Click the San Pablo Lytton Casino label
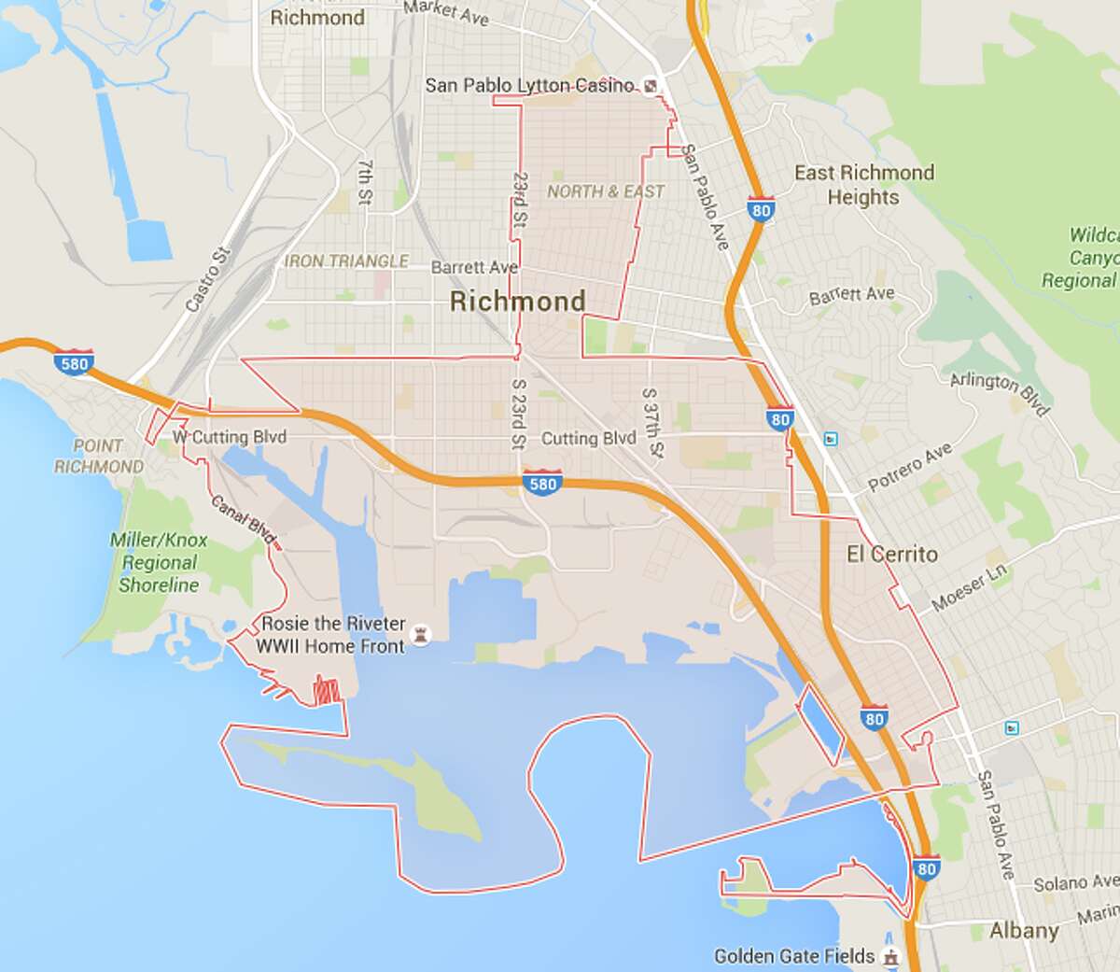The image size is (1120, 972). pyautogui.click(x=529, y=85)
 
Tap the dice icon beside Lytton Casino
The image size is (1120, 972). pyautogui.click(x=651, y=86)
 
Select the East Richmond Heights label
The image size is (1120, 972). pyautogui.click(x=863, y=185)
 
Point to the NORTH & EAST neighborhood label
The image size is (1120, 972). pyautogui.click(x=606, y=191)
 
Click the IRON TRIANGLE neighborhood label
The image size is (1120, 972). pyautogui.click(x=346, y=261)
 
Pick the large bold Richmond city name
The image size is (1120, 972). pyautogui.click(x=517, y=301)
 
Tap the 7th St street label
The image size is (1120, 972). pyautogui.click(x=365, y=182)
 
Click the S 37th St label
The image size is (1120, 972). pyautogui.click(x=652, y=423)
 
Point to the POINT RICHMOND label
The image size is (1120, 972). pyautogui.click(x=98, y=457)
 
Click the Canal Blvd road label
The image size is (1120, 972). pyautogui.click(x=243, y=519)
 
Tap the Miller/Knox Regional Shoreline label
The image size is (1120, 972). pyautogui.click(x=159, y=562)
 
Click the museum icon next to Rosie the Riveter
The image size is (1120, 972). pyautogui.click(x=423, y=635)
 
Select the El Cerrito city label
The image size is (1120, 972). pyautogui.click(x=891, y=554)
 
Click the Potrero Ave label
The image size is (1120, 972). pyautogui.click(x=910, y=467)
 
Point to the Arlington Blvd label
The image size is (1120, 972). pyautogui.click(x=1000, y=393)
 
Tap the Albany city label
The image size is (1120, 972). pyautogui.click(x=1024, y=931)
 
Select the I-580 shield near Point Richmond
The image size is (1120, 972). pyautogui.click(x=74, y=363)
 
